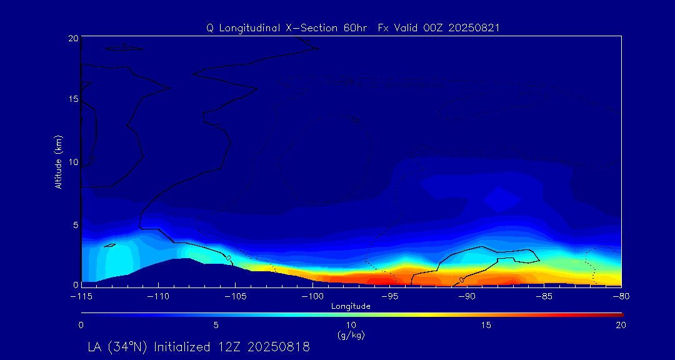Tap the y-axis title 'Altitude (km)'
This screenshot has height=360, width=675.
coord(58,162)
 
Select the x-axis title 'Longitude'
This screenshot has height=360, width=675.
coord(351,306)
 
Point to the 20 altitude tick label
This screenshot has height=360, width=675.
coord(72,38)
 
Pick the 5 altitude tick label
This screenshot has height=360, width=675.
coord(75,224)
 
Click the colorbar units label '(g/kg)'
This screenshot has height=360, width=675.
coord(351,335)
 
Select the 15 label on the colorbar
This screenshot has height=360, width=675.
coord(486,325)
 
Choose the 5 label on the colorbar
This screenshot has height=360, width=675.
coord(216,325)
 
